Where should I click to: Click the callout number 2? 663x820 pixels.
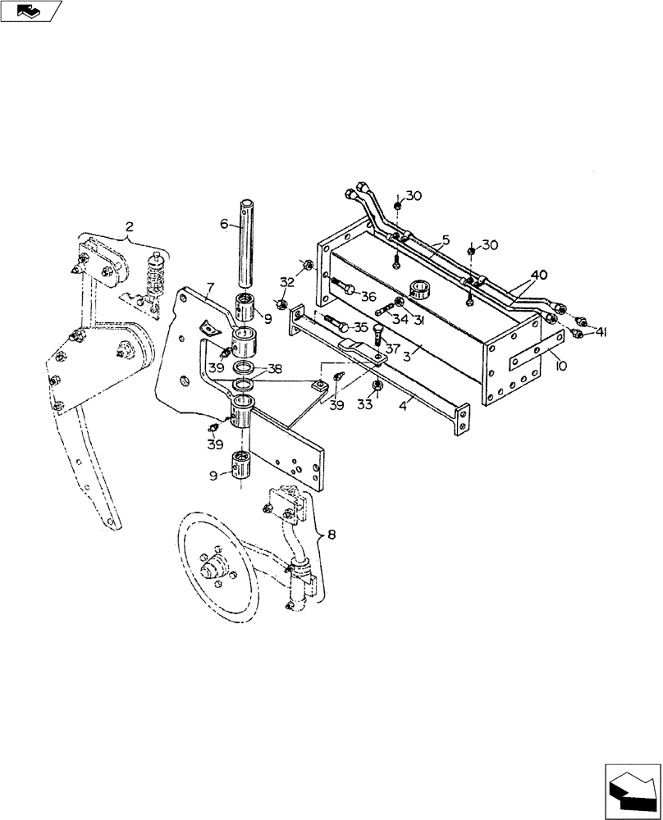[129, 225]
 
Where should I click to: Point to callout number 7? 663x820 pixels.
[210, 287]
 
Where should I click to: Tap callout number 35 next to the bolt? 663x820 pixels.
[360, 326]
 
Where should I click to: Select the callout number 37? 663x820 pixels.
[392, 348]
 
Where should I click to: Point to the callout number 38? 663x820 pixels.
[273, 369]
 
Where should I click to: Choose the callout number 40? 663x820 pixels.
[538, 275]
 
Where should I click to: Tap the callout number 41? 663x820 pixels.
[601, 331]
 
